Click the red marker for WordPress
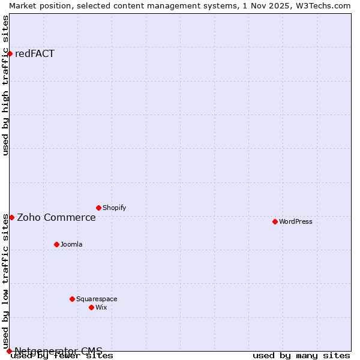tap(275, 221)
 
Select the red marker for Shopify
tap(98, 208)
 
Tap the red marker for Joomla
tap(56, 244)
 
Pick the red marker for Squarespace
tap(72, 299)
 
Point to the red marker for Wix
tap(91, 307)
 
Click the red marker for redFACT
tap(10, 54)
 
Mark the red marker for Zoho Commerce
tap(11, 217)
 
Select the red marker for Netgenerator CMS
tap(9, 351)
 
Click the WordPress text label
tap(296, 221)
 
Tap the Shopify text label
tap(114, 208)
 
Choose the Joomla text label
tap(71, 244)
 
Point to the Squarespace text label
tap(97, 299)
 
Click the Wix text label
tap(101, 307)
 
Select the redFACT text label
tap(35, 54)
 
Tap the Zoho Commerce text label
tap(56, 217)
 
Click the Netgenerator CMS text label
tap(58, 351)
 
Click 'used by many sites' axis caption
tap(301, 356)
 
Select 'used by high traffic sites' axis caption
tap(6, 85)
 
